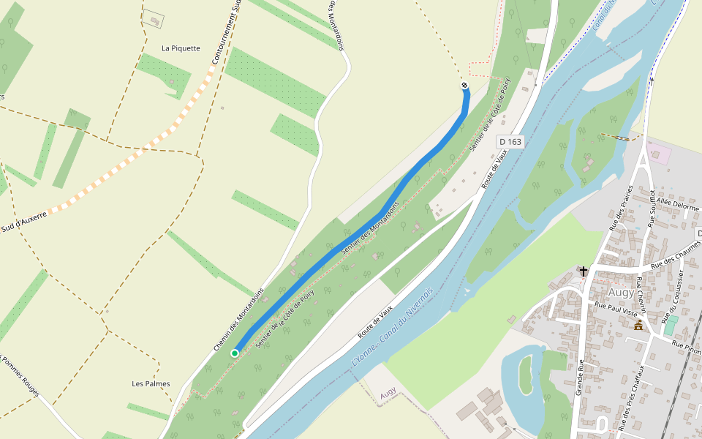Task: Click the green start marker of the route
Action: (235, 353)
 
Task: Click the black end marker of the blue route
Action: (465, 86)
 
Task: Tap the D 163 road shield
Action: (510, 140)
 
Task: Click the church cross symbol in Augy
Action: (584, 271)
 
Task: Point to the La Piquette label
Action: (181, 48)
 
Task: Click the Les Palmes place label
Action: (151, 383)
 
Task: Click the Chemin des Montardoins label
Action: (238, 320)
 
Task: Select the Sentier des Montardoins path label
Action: (370, 228)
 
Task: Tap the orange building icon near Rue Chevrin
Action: (638, 325)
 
